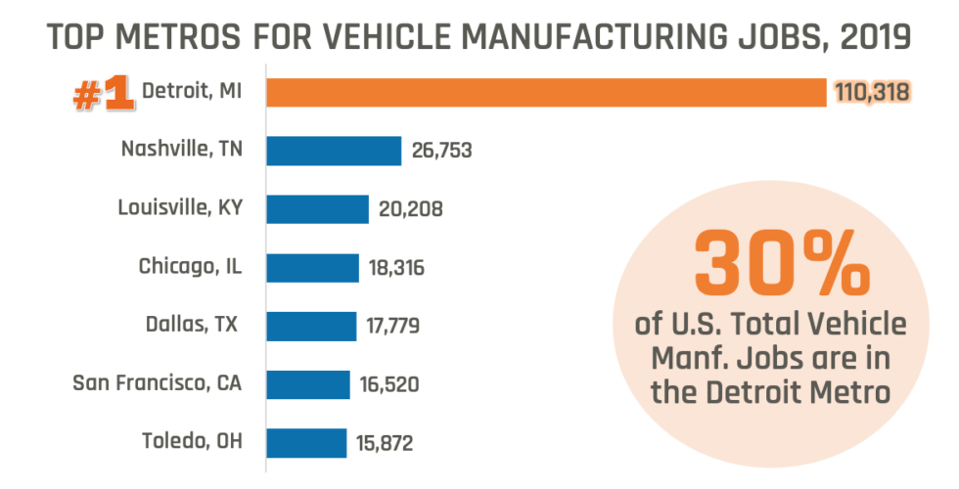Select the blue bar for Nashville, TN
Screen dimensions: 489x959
point(334,151)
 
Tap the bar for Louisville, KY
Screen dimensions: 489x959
point(318,209)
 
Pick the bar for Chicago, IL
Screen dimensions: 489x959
point(313,267)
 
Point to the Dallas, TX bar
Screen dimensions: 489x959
point(311,326)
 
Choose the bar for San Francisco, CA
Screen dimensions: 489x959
point(308,384)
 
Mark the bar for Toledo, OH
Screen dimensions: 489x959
point(306,442)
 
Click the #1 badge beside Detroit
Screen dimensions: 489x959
point(103,94)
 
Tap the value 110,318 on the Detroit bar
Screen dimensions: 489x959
point(872,93)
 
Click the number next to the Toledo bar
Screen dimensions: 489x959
point(388,443)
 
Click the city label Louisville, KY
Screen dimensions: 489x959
point(179,208)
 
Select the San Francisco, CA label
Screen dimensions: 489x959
point(157,383)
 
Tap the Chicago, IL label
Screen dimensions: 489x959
point(188,267)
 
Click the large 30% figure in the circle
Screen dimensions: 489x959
point(781,265)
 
